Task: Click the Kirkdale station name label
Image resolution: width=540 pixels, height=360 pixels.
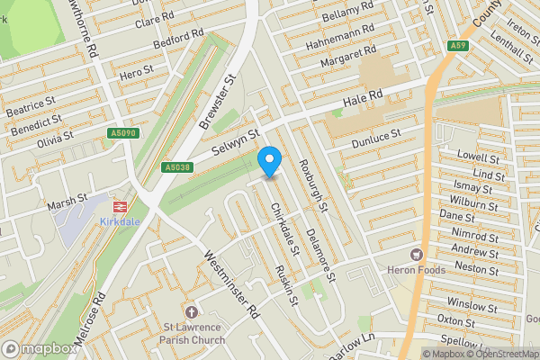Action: [121, 221]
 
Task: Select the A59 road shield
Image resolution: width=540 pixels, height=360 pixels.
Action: [458, 45]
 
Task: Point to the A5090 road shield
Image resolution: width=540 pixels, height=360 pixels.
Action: [124, 133]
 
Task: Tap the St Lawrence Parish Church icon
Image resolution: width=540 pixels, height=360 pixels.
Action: [191, 310]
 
